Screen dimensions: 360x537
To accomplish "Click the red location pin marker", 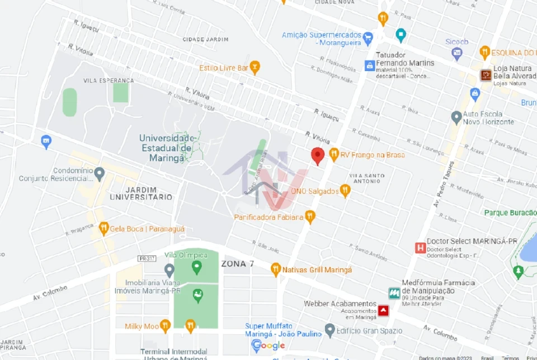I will (x=318, y=156).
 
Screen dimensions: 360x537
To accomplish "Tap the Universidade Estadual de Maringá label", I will (x=166, y=148).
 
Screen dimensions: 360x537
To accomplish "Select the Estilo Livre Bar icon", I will (x=255, y=68).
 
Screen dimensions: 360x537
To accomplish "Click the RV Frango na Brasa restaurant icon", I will (x=334, y=154).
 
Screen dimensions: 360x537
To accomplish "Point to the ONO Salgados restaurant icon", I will (x=345, y=191).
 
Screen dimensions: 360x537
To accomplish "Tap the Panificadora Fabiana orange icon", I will (x=310, y=216).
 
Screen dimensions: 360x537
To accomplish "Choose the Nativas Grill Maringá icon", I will (x=275, y=269).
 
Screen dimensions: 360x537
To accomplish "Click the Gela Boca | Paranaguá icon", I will (x=103, y=228).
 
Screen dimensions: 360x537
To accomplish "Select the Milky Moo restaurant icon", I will (x=165, y=326).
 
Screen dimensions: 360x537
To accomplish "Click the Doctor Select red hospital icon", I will (x=420, y=248).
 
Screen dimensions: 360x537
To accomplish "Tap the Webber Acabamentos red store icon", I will (x=383, y=310).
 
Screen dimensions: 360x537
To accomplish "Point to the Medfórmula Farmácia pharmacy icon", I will (x=394, y=293).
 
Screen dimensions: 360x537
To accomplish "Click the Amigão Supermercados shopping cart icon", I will (x=368, y=39).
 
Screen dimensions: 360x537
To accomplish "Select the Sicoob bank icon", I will (x=457, y=54).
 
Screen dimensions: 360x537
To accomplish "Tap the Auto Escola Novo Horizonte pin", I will (x=456, y=117).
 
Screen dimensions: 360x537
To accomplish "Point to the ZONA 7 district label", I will (x=237, y=263).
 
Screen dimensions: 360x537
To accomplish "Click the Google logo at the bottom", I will (x=268, y=345).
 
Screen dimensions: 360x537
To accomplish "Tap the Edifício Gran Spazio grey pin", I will (x=330, y=331).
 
